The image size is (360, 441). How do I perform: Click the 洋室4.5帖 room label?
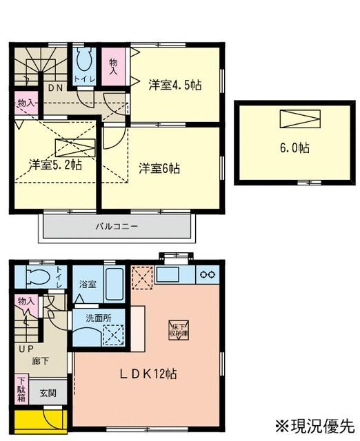click(175, 86)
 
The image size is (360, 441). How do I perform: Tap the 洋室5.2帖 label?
click(56, 165)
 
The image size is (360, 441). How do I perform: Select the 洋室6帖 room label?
click(159, 167)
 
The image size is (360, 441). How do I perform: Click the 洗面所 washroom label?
click(97, 318)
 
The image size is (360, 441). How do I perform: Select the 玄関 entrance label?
click(48, 392)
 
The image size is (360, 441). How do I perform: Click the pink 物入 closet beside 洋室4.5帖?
click(114, 66)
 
